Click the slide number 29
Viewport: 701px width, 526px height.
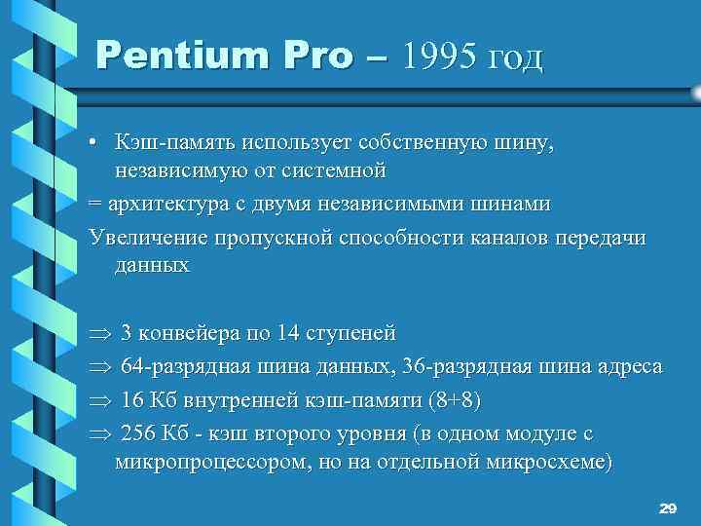[667, 508]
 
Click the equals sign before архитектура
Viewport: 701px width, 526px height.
[93, 206]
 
